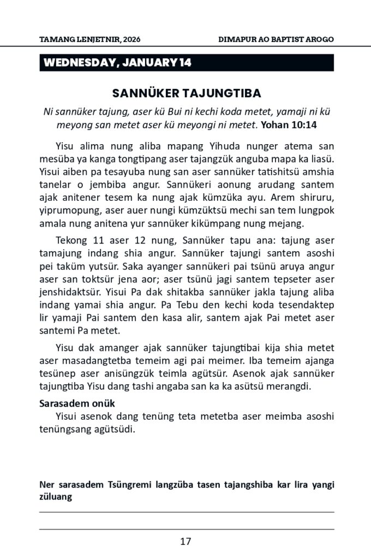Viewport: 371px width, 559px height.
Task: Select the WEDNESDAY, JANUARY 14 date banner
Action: tap(117, 63)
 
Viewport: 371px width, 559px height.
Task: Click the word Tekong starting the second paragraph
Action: tap(70, 240)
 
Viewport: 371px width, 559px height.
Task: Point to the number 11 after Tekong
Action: tap(96, 240)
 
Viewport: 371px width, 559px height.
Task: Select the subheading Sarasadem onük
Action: tap(76, 404)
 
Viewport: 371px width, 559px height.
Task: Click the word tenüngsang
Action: tap(68, 429)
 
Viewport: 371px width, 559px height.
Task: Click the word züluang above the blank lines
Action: tap(56, 497)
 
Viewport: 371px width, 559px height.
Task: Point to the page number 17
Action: tap(185, 542)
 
